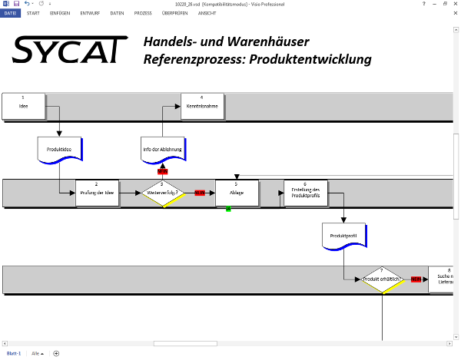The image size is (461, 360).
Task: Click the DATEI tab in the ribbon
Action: (12, 14)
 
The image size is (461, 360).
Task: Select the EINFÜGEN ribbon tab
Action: (60, 14)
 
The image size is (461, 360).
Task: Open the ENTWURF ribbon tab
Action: (90, 14)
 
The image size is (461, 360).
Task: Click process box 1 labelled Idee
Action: (23, 106)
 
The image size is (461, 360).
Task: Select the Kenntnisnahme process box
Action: (202, 106)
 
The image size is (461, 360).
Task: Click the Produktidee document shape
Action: (59, 150)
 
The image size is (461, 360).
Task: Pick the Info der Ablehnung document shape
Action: (162, 149)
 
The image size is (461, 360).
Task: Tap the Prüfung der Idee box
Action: (97, 193)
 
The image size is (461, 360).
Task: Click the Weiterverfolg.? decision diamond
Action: (162, 193)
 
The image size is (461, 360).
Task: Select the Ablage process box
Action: (237, 193)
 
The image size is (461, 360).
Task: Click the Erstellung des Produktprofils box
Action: (305, 192)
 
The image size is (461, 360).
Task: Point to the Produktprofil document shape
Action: (343, 236)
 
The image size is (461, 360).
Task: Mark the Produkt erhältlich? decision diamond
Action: (382, 279)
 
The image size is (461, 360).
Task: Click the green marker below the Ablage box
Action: (228, 209)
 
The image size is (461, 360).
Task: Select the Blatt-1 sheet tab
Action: (14, 353)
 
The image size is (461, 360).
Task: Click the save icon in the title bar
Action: (16, 4)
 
